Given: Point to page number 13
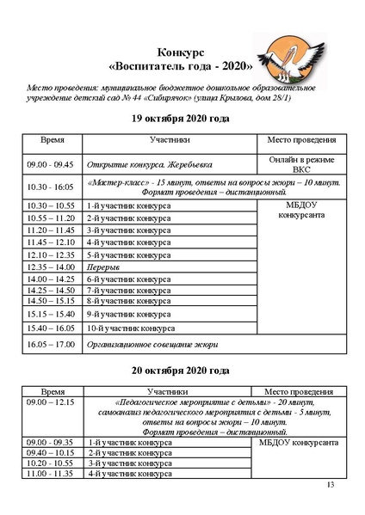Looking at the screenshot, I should [331, 486].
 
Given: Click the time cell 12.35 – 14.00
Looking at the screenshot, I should [52, 267].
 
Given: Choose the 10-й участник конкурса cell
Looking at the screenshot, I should [130, 328].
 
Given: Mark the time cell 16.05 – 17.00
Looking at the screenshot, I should [52, 345].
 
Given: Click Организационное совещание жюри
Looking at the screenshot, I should [152, 345].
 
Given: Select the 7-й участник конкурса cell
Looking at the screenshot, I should [128, 291].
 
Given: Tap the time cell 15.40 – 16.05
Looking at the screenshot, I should [52, 328].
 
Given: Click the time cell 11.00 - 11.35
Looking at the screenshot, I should [52, 474].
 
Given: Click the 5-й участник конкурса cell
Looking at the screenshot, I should [128, 255].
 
